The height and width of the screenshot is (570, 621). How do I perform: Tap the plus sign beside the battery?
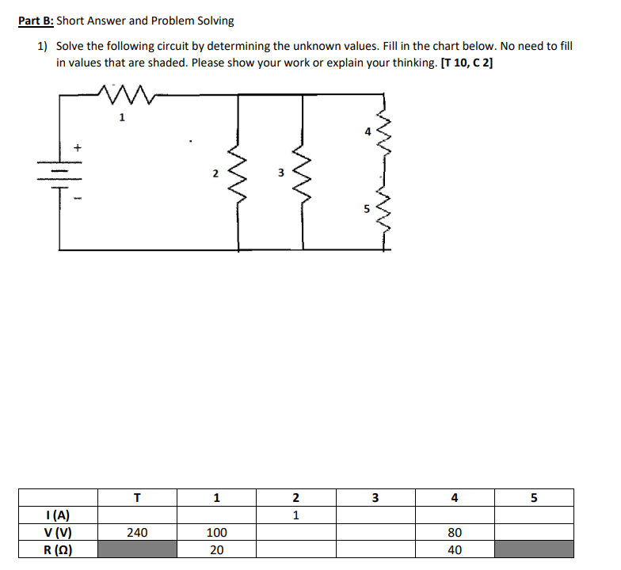78,146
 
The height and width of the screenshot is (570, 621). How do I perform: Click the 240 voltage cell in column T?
137,533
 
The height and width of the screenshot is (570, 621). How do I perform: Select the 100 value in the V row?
216,533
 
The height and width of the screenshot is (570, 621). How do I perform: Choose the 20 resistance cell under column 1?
216,549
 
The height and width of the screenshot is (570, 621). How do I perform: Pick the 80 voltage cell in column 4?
454,533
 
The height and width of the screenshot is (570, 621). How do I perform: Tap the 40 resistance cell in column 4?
454,549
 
